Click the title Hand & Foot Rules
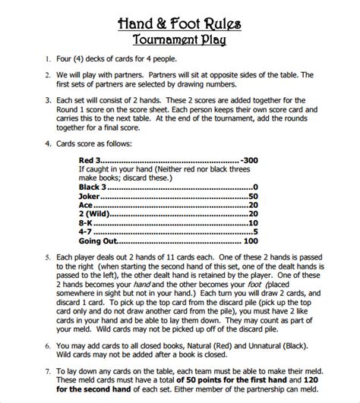click(x=180, y=24)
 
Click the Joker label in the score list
click(x=90, y=195)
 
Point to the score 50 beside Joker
click(x=254, y=195)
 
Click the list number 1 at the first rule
click(x=48, y=58)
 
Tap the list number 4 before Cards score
click(x=48, y=142)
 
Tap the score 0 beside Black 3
click(x=256, y=187)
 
